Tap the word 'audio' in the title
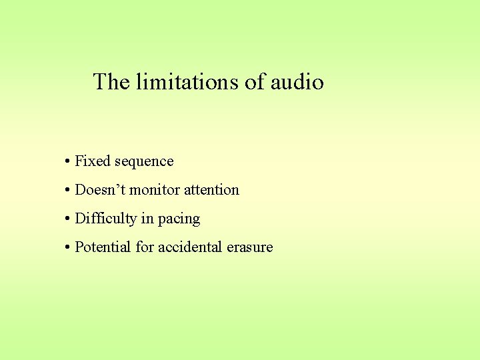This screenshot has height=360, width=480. click(x=297, y=82)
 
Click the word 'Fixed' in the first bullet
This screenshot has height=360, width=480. click(x=93, y=161)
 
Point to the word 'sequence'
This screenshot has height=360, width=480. click(x=144, y=162)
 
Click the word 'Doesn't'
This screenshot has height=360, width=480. click(x=100, y=190)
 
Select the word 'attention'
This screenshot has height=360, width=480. click(x=211, y=190)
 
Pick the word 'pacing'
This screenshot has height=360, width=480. click(x=179, y=219)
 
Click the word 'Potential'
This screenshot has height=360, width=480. click(x=103, y=247)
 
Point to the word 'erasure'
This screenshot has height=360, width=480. click(x=250, y=247)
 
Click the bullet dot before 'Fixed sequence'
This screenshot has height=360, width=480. click(x=68, y=162)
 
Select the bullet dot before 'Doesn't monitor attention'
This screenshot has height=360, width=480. click(x=68, y=191)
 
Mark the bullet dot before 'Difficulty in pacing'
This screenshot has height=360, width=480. click(x=68, y=219)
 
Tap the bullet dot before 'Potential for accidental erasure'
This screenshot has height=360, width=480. click(x=68, y=248)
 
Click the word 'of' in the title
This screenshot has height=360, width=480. click(x=254, y=82)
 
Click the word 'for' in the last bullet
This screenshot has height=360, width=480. click(x=145, y=247)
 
